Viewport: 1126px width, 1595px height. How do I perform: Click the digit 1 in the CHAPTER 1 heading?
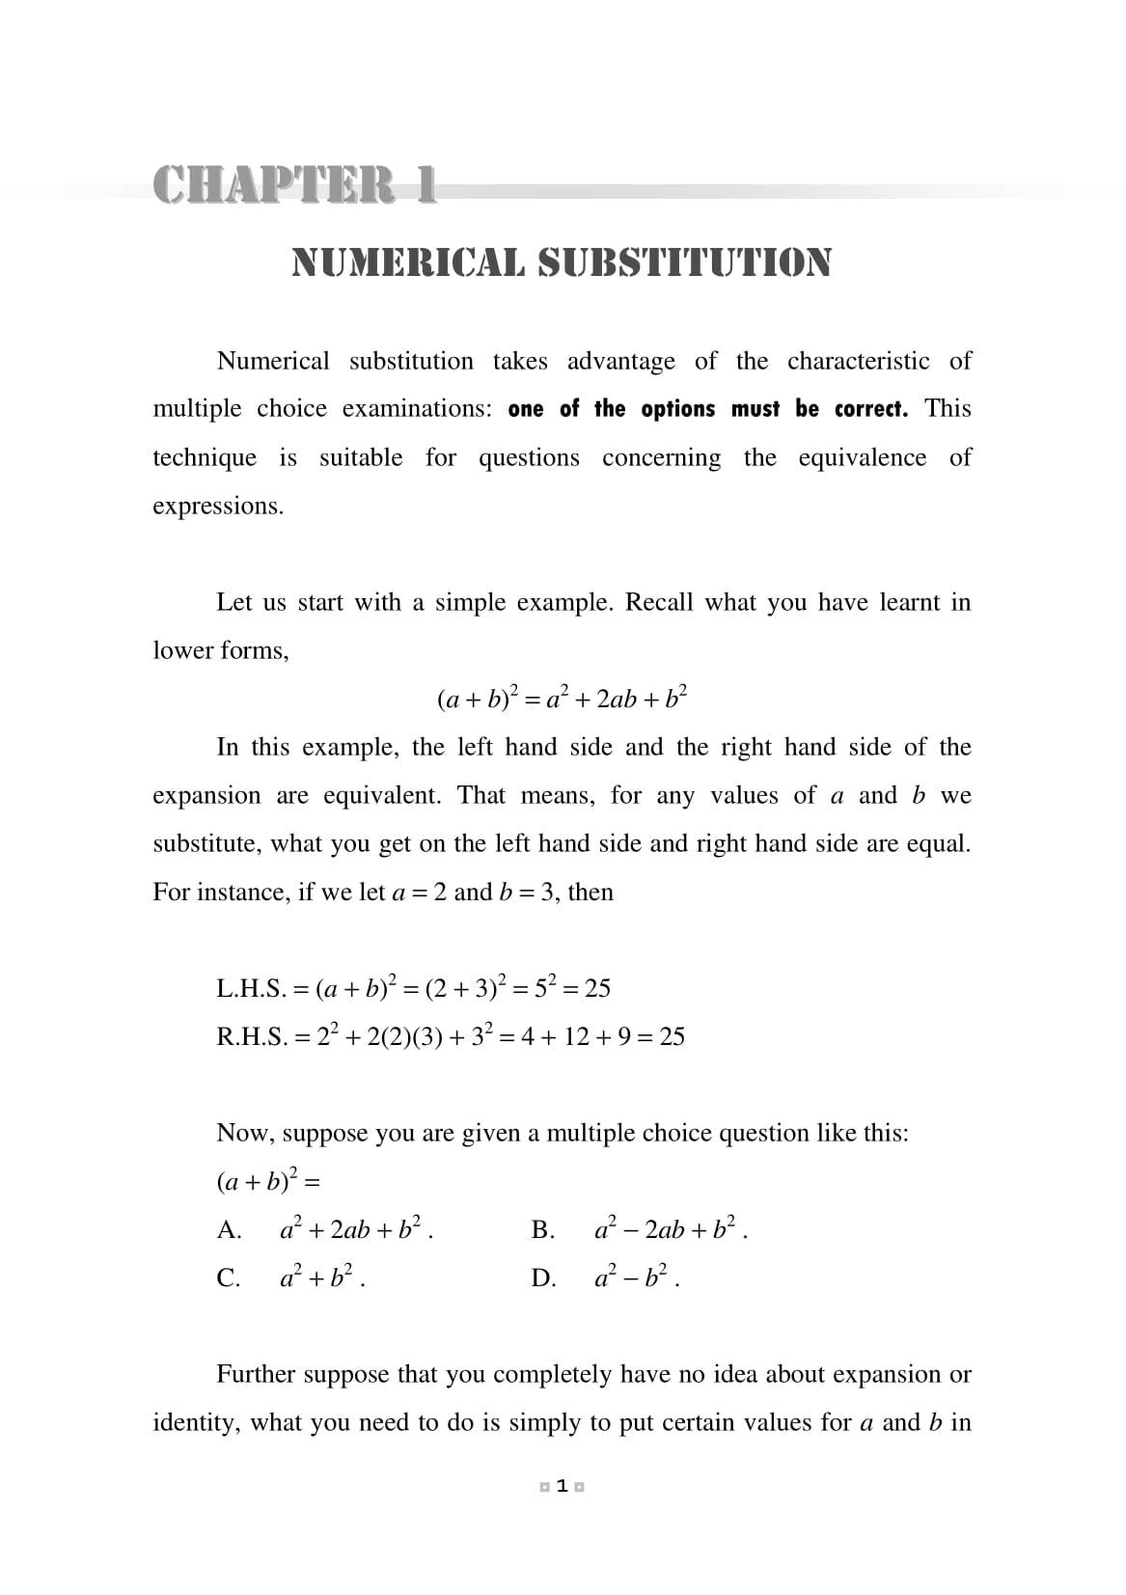pyautogui.click(x=424, y=183)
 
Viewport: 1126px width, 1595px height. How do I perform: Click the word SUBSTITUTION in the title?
pyautogui.click(x=684, y=262)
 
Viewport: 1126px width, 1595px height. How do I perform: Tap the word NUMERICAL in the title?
pyautogui.click(x=409, y=262)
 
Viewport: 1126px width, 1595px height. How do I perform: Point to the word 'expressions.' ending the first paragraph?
pyautogui.click(x=218, y=506)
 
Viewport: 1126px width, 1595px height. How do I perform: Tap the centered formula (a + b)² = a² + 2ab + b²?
pyautogui.click(x=563, y=698)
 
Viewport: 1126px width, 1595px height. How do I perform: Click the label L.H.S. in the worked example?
pyautogui.click(x=250, y=988)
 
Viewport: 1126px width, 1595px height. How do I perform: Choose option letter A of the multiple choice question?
pyautogui.click(x=229, y=1229)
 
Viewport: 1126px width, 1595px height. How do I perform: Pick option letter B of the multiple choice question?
pyautogui.click(x=541, y=1229)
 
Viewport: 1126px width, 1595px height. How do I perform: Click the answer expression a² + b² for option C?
pyautogui.click(x=317, y=1278)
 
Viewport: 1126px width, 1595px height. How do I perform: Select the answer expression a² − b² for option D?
pyautogui.click(x=632, y=1278)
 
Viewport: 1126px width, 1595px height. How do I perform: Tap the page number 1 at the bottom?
pyautogui.click(x=563, y=1487)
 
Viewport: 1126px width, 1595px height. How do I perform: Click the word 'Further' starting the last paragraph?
pyautogui.click(x=255, y=1374)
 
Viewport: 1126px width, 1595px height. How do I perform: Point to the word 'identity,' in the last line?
pyautogui.click(x=196, y=1422)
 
